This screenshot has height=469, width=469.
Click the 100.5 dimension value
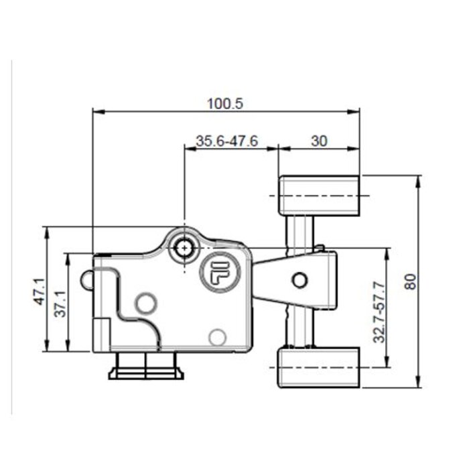pos(224,103)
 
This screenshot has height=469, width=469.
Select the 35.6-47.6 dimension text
pos(227,141)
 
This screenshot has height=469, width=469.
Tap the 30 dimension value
pos(319,141)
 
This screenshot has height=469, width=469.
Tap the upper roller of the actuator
pos(318,196)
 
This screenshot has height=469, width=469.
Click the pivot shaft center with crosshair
pos(183,248)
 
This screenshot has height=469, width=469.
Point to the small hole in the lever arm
pos(300,279)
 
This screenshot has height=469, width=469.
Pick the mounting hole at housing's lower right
pos(216,336)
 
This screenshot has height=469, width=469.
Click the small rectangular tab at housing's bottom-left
pos(100,334)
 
